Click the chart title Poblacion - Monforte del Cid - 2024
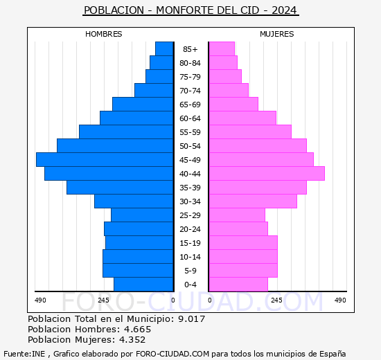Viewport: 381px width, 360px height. click(x=190, y=10)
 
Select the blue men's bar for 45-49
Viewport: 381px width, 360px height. click(x=105, y=160)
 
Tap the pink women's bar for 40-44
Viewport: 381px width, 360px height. click(x=267, y=174)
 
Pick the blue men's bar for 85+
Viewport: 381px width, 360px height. click(x=164, y=49)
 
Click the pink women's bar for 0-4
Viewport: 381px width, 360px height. click(x=238, y=285)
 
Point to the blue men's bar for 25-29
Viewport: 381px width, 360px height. click(x=142, y=215)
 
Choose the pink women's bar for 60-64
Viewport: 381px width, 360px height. click(x=242, y=118)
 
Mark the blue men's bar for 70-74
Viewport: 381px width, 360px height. click(x=154, y=91)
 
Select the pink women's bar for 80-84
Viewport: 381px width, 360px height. click(x=223, y=63)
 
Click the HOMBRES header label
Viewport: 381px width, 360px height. click(x=104, y=34)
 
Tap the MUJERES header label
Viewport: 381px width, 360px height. click(x=276, y=34)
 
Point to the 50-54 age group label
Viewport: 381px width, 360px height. click(x=190, y=146)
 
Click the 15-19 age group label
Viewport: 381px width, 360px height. click(x=190, y=243)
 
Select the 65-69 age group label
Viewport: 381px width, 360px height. click(x=190, y=105)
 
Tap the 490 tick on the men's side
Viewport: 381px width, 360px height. click(x=40, y=300)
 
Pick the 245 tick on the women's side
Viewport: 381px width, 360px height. click(x=276, y=300)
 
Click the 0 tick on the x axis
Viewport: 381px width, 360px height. click(x=173, y=300)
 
